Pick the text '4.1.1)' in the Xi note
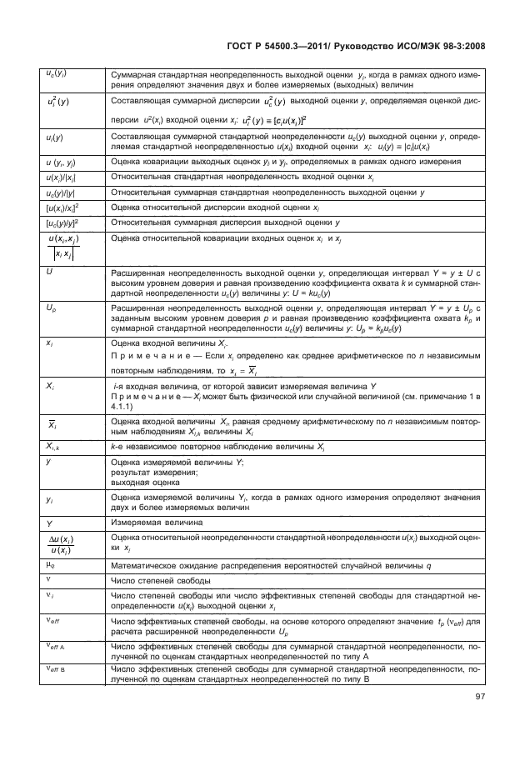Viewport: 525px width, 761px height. click(x=125, y=408)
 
